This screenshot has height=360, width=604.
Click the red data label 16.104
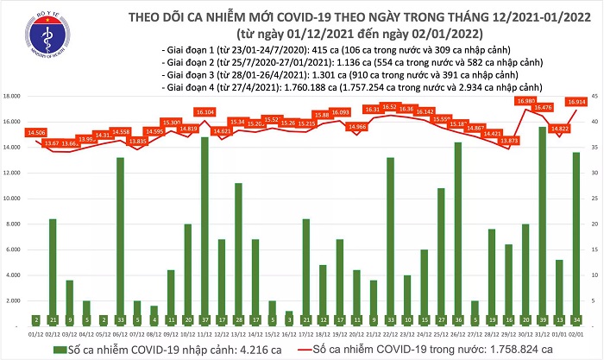pyautogui.click(x=204, y=112)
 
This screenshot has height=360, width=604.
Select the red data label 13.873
pyautogui.click(x=508, y=140)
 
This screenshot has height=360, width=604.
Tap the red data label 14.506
pyautogui.click(x=36, y=132)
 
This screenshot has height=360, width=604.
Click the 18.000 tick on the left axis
pyautogui.click(x=12, y=97)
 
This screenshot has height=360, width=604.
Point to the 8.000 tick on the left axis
pyautogui.click(x=14, y=224)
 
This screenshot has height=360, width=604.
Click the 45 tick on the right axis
pyautogui.click(x=595, y=97)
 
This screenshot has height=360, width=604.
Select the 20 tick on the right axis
pyautogui.click(x=595, y=224)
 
